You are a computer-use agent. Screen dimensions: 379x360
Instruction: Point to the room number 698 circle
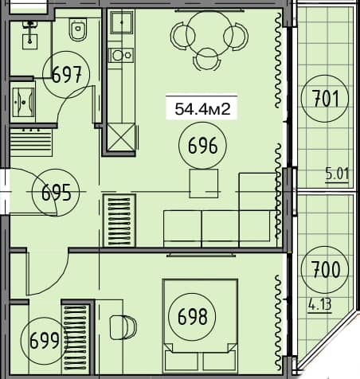[193, 318]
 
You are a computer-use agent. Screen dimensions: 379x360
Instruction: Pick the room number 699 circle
[44, 342]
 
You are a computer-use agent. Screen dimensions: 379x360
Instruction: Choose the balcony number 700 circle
[325, 268]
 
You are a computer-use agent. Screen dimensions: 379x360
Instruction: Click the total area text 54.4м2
[202, 111]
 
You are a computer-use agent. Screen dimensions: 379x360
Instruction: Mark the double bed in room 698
[199, 317]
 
